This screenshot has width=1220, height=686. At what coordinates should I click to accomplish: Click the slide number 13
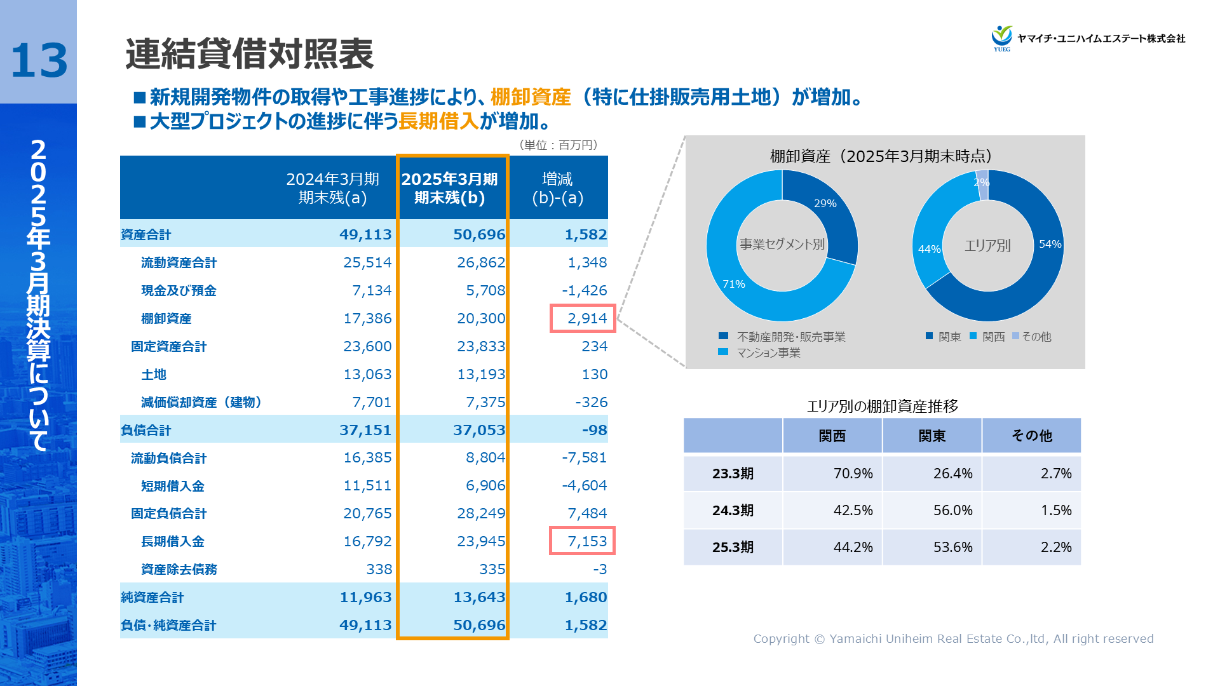(x=39, y=61)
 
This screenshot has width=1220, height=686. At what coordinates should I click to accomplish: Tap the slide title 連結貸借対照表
(x=249, y=53)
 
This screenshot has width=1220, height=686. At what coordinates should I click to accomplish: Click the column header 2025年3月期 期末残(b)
(x=450, y=188)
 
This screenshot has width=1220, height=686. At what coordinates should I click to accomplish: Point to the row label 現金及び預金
(x=179, y=290)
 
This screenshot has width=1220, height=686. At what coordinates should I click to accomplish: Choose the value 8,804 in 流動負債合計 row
(x=485, y=457)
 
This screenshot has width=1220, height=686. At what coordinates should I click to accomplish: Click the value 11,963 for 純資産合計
(x=365, y=597)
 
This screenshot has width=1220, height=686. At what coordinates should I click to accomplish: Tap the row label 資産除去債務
(x=179, y=569)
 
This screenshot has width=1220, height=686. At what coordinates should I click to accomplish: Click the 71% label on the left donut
(x=733, y=284)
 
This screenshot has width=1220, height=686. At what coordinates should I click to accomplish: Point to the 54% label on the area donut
(x=1050, y=244)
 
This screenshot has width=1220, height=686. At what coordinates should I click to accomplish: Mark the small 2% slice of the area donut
(x=982, y=183)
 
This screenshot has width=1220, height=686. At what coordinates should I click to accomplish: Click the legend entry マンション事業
(x=768, y=353)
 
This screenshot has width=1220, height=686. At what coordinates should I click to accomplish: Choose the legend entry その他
(x=1036, y=337)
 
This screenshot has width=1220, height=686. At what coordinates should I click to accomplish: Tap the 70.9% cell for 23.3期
(x=853, y=473)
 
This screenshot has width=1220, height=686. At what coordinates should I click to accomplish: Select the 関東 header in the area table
(x=932, y=436)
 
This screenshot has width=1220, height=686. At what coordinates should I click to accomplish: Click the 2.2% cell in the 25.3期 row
(x=1055, y=547)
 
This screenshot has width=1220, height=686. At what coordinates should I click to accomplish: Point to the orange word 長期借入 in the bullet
(x=438, y=121)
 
